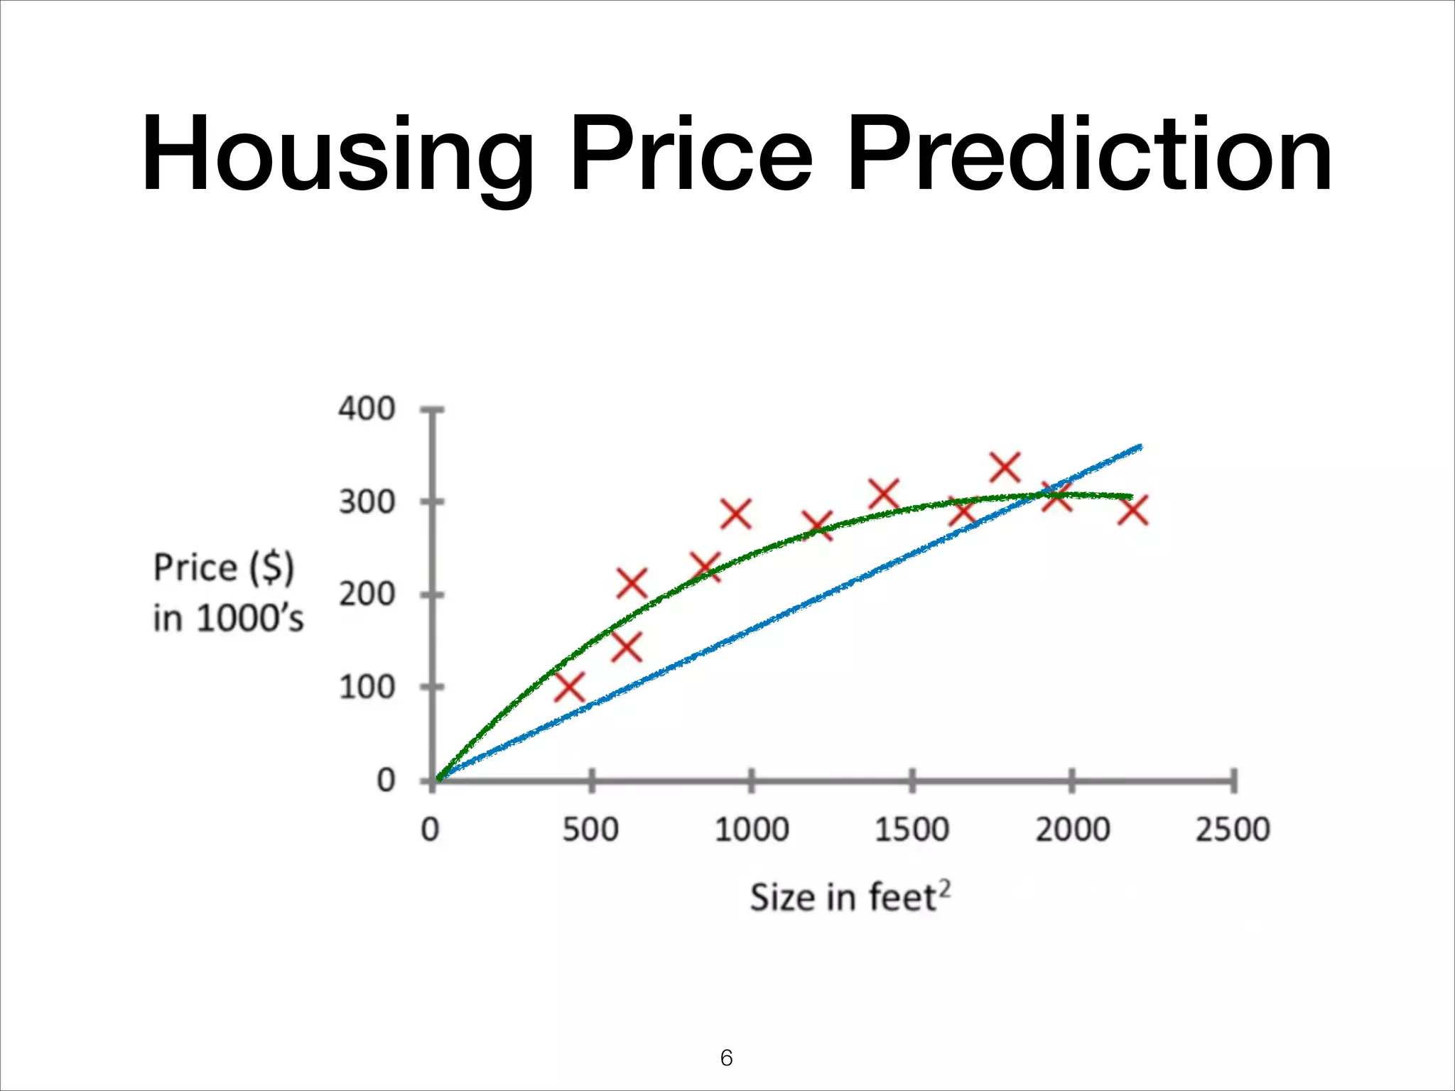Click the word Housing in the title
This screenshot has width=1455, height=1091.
[337, 155]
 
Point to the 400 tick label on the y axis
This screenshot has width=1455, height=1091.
[367, 409]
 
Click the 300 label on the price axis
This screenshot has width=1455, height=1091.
[367, 502]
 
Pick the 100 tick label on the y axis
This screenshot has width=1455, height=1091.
[367, 688]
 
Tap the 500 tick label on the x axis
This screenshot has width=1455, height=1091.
[590, 829]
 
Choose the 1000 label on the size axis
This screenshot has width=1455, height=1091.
[752, 829]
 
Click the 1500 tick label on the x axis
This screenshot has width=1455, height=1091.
[912, 829]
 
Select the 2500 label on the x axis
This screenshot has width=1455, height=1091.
[1233, 829]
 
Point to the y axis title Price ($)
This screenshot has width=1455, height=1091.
[224, 568]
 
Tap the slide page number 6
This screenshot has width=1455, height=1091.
[726, 1058]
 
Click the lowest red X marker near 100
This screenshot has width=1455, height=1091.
[569, 687]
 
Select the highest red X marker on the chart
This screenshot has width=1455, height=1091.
[1005, 467]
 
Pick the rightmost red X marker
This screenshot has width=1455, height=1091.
[1132, 510]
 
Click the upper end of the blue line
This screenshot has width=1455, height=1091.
[1140, 447]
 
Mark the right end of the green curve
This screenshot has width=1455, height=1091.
[1131, 496]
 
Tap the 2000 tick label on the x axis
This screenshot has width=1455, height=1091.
[1072, 829]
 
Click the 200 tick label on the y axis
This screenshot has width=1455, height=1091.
[367, 595]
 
